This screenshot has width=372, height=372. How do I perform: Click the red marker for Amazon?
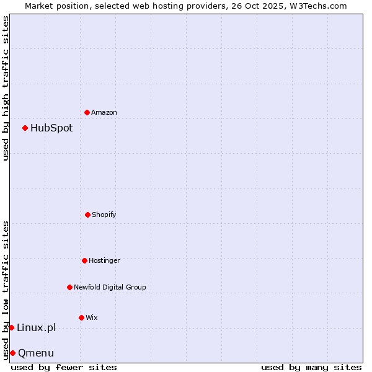click(87, 112)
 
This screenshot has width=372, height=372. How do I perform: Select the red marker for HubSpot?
click(25, 128)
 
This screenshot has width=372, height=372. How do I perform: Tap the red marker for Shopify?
click(87, 215)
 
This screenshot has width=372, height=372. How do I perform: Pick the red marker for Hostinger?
click(84, 260)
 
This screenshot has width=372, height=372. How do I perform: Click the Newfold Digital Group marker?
click(69, 287)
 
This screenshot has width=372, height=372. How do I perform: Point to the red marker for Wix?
click(81, 317)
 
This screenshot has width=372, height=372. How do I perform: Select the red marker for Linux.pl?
click(11, 327)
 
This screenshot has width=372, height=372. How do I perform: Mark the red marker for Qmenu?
click(12, 353)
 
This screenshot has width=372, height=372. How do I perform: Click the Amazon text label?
click(104, 112)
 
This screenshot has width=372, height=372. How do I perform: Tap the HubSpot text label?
click(51, 128)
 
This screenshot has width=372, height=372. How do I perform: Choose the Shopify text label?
click(104, 215)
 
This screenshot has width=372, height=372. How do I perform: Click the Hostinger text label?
click(104, 260)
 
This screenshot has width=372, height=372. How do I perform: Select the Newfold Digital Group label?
click(110, 287)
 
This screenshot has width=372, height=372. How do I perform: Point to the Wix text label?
click(92, 317)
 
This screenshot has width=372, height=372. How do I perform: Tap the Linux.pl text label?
click(36, 328)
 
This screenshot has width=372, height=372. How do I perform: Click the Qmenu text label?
click(36, 353)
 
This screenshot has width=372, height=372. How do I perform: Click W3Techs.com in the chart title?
click(317, 6)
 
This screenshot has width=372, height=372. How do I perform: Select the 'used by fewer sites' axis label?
click(64, 367)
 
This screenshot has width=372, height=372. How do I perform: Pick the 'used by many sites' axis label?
click(311, 367)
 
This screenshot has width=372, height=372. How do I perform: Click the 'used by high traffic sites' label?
click(6, 89)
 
